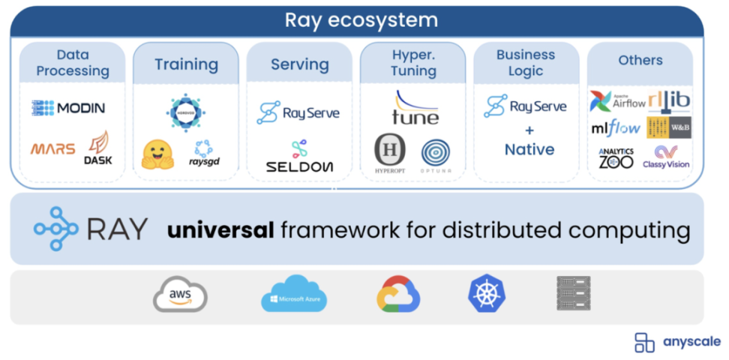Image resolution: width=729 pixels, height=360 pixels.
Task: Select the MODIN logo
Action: click(x=68, y=108)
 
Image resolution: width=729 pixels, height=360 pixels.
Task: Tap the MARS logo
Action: click(x=53, y=148)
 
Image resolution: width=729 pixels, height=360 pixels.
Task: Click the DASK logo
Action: click(x=98, y=148)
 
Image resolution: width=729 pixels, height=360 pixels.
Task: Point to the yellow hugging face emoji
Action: click(x=157, y=154)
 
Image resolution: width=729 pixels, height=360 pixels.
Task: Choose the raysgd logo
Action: click(x=203, y=154)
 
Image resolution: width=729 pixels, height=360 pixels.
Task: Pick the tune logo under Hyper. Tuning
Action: click(x=415, y=108)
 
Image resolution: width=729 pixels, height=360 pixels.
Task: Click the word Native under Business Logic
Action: click(x=529, y=149)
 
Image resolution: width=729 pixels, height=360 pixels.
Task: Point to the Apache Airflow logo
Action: click(x=617, y=101)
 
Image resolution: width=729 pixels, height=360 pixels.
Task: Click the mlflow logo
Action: click(x=614, y=127)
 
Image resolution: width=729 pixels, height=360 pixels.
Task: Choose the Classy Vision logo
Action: click(x=666, y=156)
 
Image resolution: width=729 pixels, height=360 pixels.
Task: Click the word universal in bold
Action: click(x=220, y=229)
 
